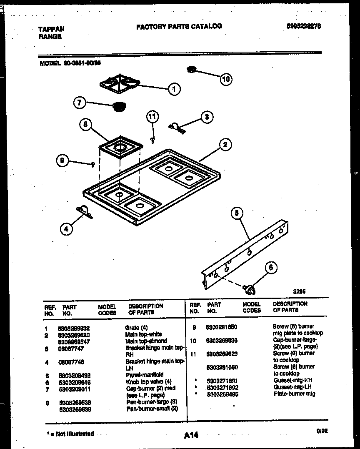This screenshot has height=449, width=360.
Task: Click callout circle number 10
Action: [226, 79]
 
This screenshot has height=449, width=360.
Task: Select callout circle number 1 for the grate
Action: [174, 89]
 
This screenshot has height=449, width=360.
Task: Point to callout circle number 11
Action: [152, 118]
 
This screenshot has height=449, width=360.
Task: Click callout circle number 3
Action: [206, 117]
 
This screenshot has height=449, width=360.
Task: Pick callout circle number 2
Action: [225, 145]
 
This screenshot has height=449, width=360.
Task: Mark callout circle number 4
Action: [66, 228]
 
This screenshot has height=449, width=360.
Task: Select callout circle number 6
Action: [271, 268]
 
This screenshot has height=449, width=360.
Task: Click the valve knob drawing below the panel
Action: [250, 288]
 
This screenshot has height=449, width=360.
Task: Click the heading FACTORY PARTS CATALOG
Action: [179, 26]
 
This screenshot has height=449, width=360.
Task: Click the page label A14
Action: [191, 435]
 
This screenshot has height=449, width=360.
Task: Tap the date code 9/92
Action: [322, 432]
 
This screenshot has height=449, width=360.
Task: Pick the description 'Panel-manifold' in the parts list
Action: [144, 374]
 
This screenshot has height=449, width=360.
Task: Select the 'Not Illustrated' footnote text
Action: [70, 434]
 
